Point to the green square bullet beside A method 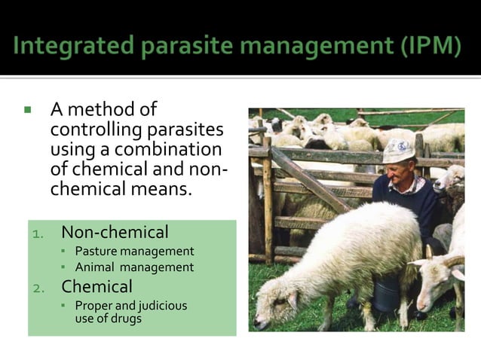(28, 110)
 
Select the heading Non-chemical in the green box (115, 232)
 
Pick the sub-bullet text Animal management (134, 267)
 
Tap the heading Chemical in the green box (97, 286)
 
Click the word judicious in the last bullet (161, 306)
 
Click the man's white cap (398, 149)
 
